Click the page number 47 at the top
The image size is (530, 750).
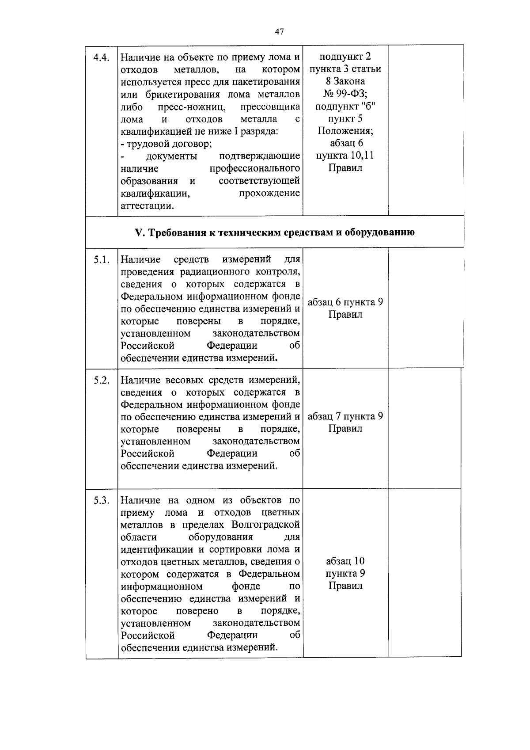pyautogui.click(x=279, y=31)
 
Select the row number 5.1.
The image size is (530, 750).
pyautogui.click(x=102, y=260)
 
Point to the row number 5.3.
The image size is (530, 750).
pyautogui.click(x=102, y=501)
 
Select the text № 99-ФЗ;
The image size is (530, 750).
pyautogui.click(x=345, y=94)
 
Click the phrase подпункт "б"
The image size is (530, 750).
pyautogui.click(x=345, y=106)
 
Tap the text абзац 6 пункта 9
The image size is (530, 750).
pyautogui.click(x=345, y=302)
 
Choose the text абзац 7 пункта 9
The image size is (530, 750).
pyautogui.click(x=345, y=416)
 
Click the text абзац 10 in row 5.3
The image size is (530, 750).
pyautogui.click(x=345, y=561)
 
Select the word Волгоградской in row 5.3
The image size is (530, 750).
pyautogui.click(x=265, y=525)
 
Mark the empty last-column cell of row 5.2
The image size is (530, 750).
pyautogui.click(x=424, y=428)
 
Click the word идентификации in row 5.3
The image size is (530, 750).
pyautogui.click(x=157, y=549)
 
